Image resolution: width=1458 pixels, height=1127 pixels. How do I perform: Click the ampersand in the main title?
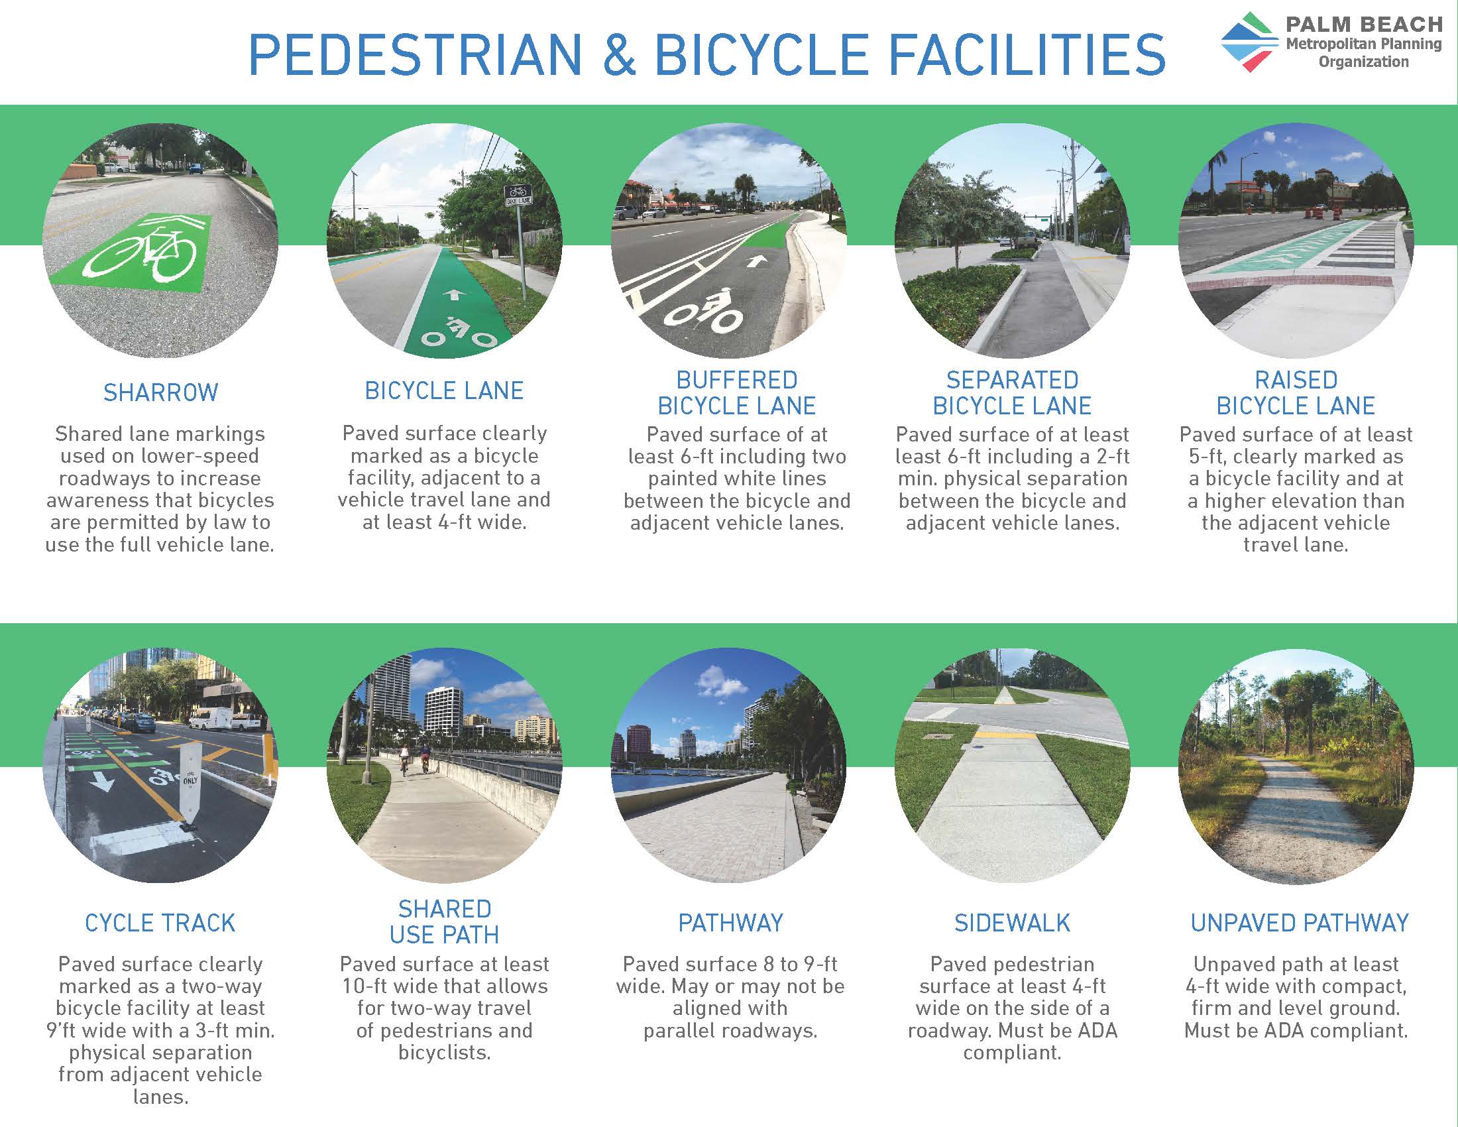pos(618,55)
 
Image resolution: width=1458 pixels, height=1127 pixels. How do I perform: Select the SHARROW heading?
pos(160,392)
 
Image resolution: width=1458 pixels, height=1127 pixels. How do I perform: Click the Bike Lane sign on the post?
pos(517,194)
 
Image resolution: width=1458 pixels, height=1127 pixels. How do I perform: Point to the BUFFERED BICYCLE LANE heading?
pos(736,392)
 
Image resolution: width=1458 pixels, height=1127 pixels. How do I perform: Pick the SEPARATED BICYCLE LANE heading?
pos(1011,392)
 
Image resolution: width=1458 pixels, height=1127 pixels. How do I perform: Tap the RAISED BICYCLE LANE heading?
pos(1295,392)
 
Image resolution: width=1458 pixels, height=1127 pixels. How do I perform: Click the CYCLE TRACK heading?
pos(160,923)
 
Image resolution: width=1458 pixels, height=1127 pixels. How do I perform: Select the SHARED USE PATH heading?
pos(444,922)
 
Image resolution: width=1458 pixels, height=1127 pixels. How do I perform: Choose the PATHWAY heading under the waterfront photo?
pos(730,923)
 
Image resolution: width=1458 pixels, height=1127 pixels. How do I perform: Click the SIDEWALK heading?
pos(1011,923)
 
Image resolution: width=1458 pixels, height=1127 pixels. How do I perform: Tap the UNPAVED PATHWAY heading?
pos(1299,923)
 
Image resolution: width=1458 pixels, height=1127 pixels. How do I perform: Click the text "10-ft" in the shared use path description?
pos(367,986)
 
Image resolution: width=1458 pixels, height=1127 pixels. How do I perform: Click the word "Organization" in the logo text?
pos(1363,62)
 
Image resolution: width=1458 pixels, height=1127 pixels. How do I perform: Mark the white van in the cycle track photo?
pos(220,720)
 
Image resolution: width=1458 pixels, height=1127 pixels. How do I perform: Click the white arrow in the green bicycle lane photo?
pos(454,294)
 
